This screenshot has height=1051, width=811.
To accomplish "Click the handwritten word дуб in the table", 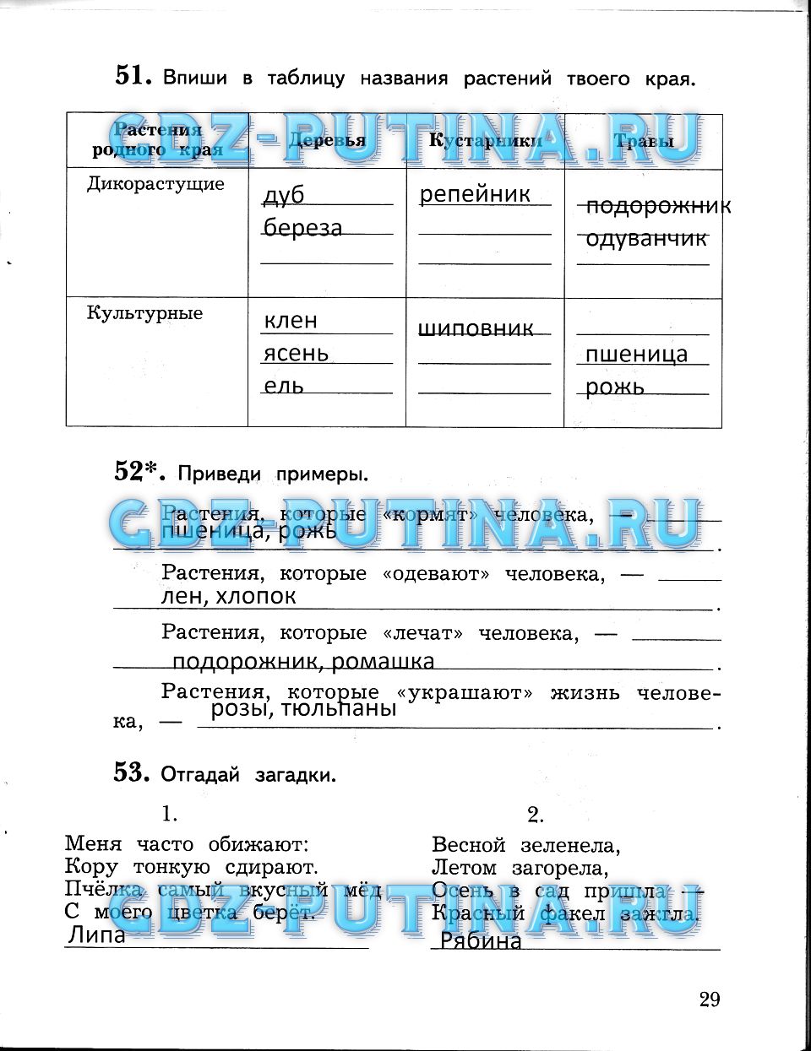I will [x=284, y=196].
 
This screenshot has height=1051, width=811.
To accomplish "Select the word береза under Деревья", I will [x=302, y=228].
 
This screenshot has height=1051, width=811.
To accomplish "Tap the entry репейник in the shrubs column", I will [x=475, y=194].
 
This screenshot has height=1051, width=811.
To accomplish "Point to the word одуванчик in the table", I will [x=646, y=239].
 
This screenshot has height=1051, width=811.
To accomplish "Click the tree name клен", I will [x=291, y=321].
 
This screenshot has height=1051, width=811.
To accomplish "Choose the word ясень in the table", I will [x=296, y=353].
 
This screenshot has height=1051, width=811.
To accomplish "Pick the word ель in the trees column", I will [x=283, y=386].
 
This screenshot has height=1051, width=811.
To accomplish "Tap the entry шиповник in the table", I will [x=476, y=328].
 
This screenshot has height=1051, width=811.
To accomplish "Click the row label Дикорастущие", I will [x=155, y=184].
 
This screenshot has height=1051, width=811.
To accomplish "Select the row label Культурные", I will [x=144, y=313].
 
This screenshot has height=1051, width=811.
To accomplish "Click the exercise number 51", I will [x=132, y=76].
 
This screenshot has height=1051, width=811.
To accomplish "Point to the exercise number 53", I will [x=132, y=772].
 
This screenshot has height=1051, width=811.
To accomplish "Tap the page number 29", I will [x=710, y=1000].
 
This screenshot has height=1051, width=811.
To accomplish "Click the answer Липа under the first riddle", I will [x=96, y=935].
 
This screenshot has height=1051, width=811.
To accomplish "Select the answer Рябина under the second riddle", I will [x=481, y=941].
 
